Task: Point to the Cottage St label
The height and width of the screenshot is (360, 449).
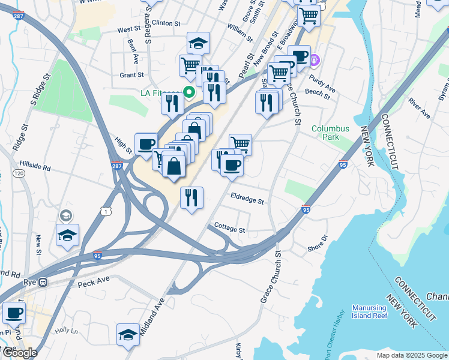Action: tap(231, 230)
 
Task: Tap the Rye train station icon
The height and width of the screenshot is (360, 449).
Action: tap(43, 282)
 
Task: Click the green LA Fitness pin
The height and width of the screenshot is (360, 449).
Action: tap(189, 92)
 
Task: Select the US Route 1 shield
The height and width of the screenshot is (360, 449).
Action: tap(106, 211)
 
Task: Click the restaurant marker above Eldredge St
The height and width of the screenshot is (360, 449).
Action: tap(191, 197)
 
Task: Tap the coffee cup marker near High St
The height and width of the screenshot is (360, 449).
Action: tap(146, 143)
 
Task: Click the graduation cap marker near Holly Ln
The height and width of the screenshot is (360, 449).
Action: tap(128, 334)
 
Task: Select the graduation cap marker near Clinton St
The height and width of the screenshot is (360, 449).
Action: tap(198, 43)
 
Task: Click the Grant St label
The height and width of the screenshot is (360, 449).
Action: tap(131, 75)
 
